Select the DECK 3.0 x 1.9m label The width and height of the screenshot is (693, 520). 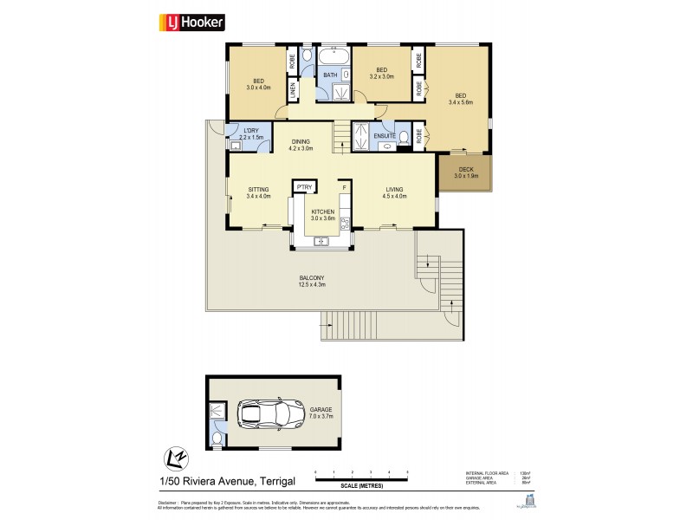[x=468, y=172]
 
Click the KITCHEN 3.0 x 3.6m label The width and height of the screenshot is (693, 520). [x=322, y=215]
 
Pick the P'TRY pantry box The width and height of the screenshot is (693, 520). [x=304, y=186]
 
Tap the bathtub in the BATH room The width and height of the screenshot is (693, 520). [x=333, y=58]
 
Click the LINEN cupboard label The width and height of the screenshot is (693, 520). [x=293, y=89]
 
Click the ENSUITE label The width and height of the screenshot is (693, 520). [x=385, y=135]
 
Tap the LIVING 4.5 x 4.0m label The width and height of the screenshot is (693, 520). [x=393, y=193]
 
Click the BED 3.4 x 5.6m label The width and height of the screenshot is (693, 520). [x=461, y=99]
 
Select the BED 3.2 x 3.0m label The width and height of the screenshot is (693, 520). [x=381, y=74]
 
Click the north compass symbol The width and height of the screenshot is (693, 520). [x=173, y=456]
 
